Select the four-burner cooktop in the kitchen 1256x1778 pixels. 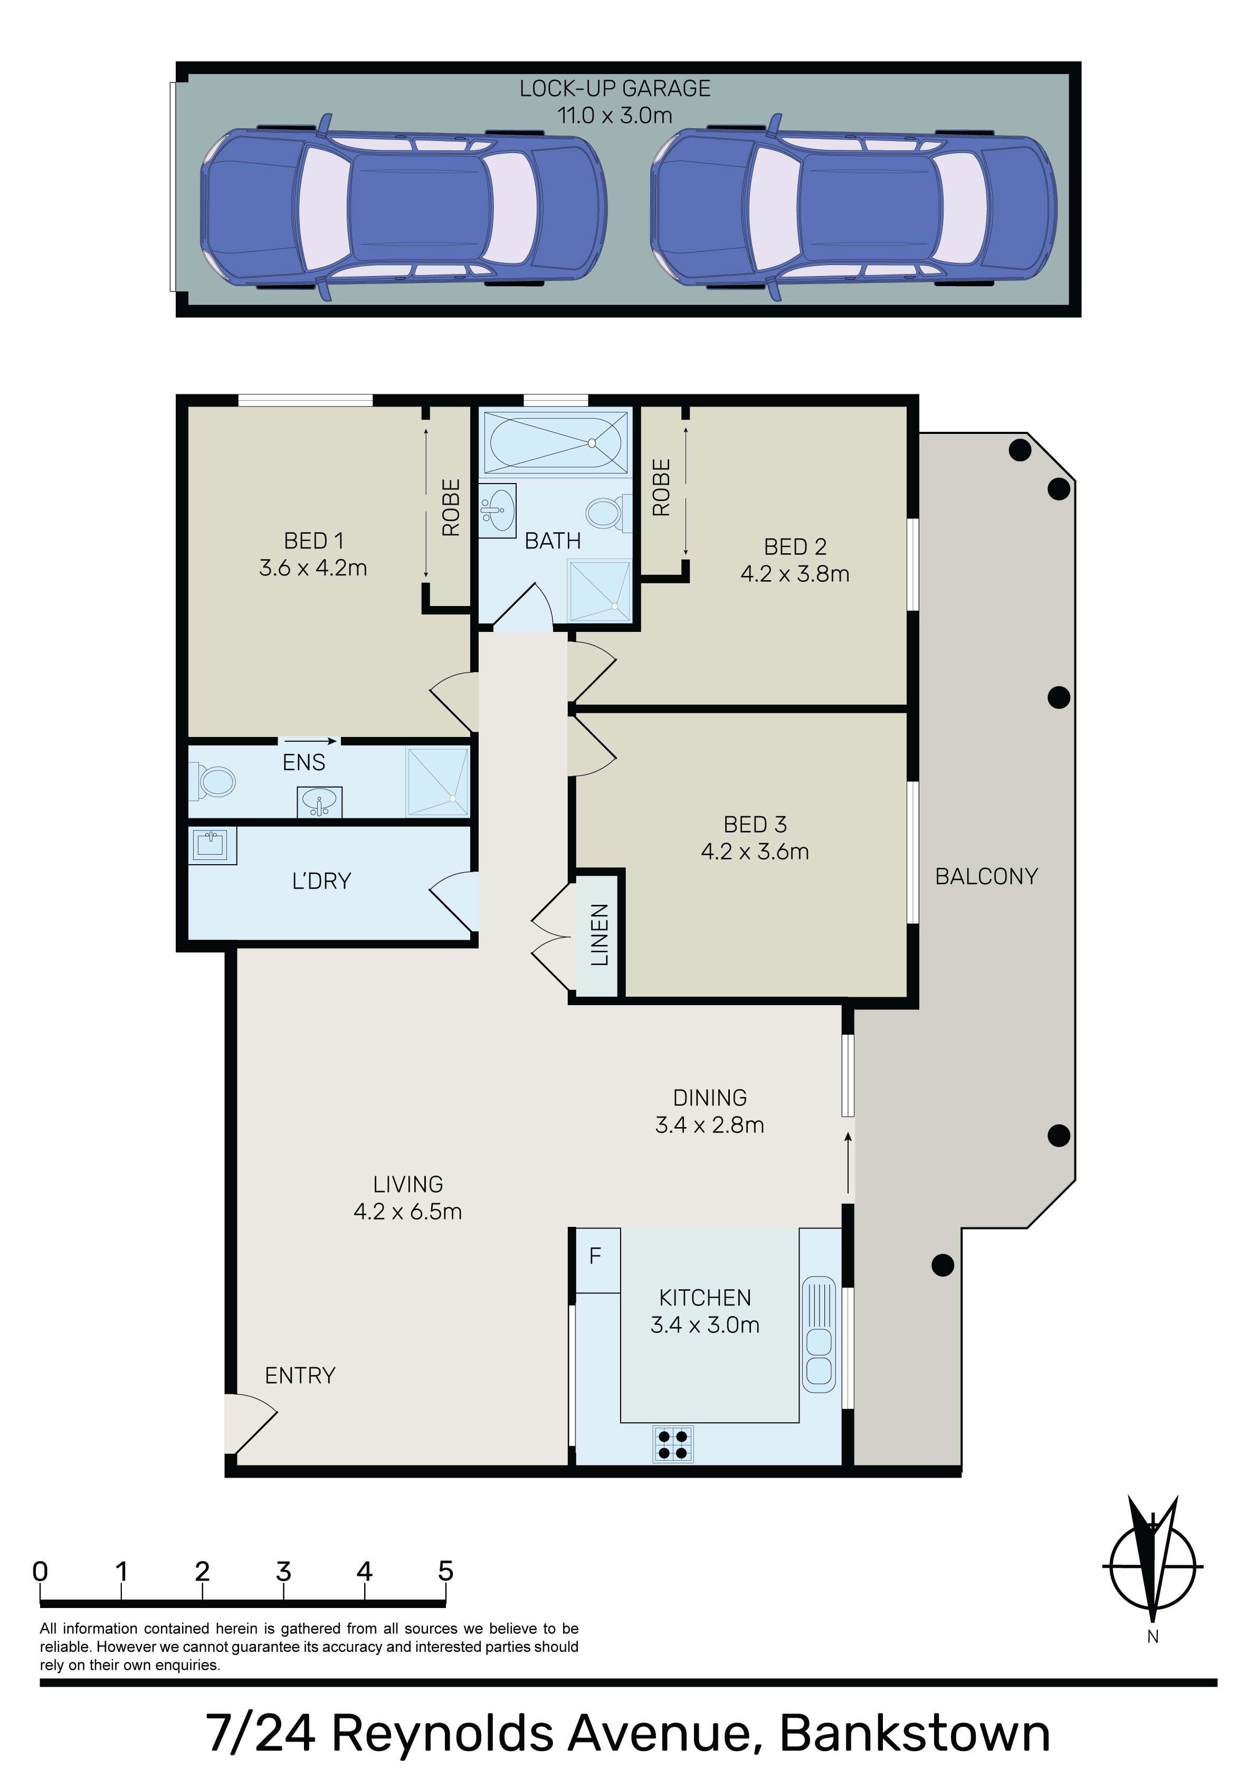pos(672,1443)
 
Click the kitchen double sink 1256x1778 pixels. pos(819,1334)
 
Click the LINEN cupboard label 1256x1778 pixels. pos(600,935)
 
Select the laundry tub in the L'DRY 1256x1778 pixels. pos(212,846)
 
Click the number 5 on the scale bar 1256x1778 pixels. pos(445,1571)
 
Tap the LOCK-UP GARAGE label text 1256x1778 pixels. pos(615,88)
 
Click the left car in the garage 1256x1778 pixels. pos(403,207)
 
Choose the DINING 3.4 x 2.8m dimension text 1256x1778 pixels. pos(709,1124)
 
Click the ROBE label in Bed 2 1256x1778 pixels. pos(661,488)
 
